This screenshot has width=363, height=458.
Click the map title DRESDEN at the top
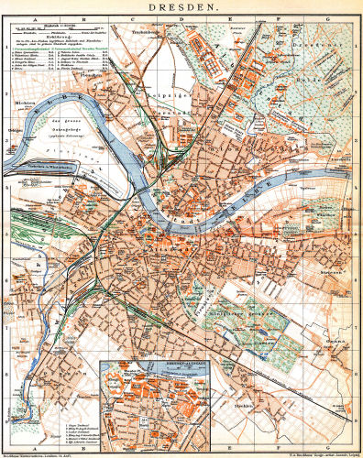[x=181, y=6]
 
